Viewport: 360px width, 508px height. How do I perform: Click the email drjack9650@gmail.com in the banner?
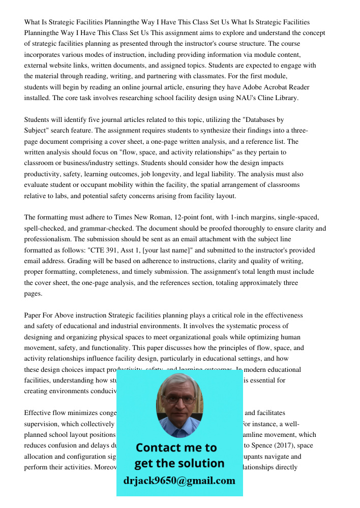(179, 481)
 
